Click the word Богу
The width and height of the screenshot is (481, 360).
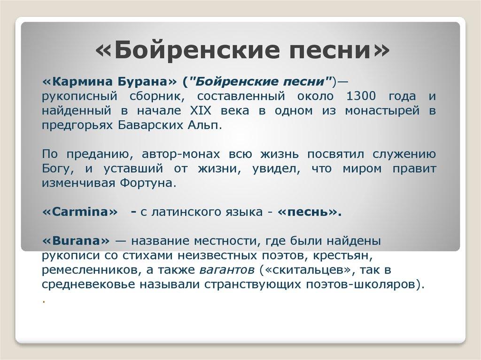point(56,169)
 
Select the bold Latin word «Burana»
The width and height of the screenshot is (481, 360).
point(76,241)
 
